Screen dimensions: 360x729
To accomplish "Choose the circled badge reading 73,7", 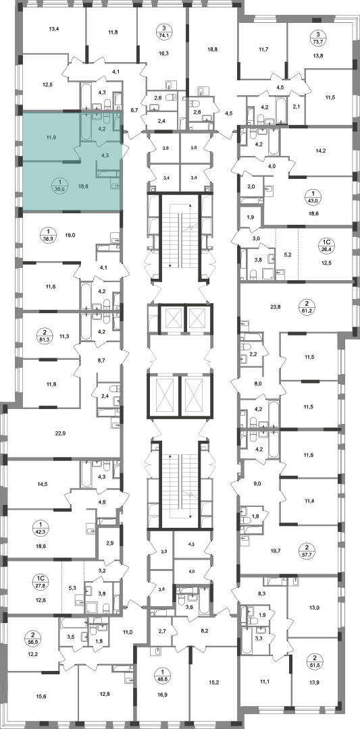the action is (317, 36).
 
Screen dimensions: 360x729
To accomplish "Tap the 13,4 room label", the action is (54, 28).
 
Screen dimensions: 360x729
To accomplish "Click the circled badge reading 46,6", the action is (163, 672).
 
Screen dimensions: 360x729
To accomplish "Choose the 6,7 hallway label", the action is (134, 110).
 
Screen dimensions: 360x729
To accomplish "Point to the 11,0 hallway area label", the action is (128, 631).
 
